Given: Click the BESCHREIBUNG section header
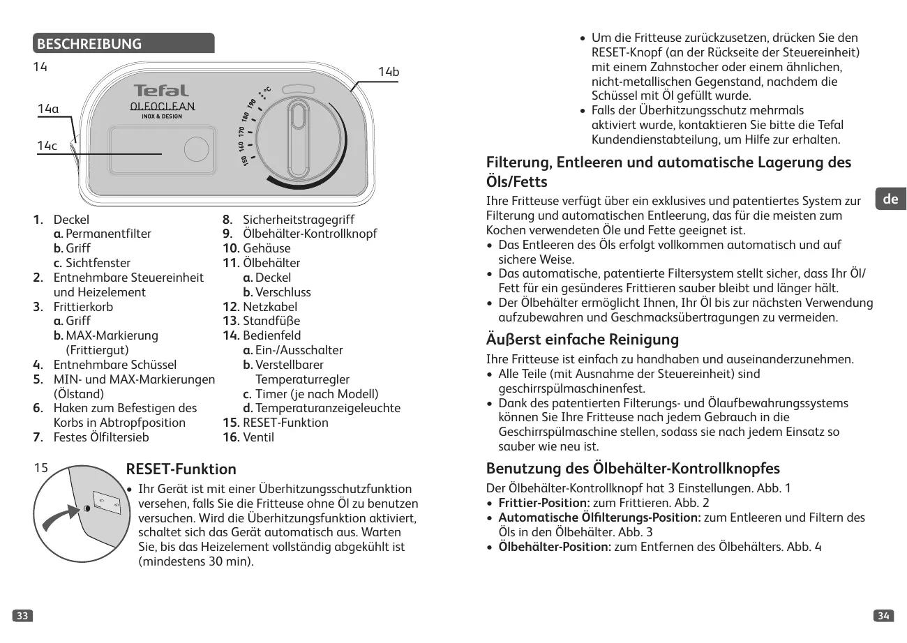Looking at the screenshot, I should [x=89, y=45].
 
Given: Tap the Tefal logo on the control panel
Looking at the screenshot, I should [x=161, y=91].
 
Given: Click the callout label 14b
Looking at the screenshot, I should [x=389, y=72].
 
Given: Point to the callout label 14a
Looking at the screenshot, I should [x=48, y=109].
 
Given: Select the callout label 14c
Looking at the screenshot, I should [x=47, y=145].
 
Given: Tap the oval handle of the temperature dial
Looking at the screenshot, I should [x=299, y=139].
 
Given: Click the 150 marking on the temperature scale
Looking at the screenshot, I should [x=245, y=160].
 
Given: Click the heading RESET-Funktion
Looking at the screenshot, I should [x=181, y=469].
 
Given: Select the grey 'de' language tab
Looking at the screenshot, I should [x=890, y=199].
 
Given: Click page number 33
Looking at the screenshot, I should [x=23, y=615].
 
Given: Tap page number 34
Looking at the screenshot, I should [x=883, y=615].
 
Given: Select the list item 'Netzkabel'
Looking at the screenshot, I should [x=269, y=307].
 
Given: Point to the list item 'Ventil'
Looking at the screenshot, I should [x=258, y=437].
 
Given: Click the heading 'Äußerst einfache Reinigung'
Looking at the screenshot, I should [x=582, y=340].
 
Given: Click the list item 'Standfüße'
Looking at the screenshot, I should [x=271, y=321].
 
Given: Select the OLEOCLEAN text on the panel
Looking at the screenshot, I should [x=163, y=107].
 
